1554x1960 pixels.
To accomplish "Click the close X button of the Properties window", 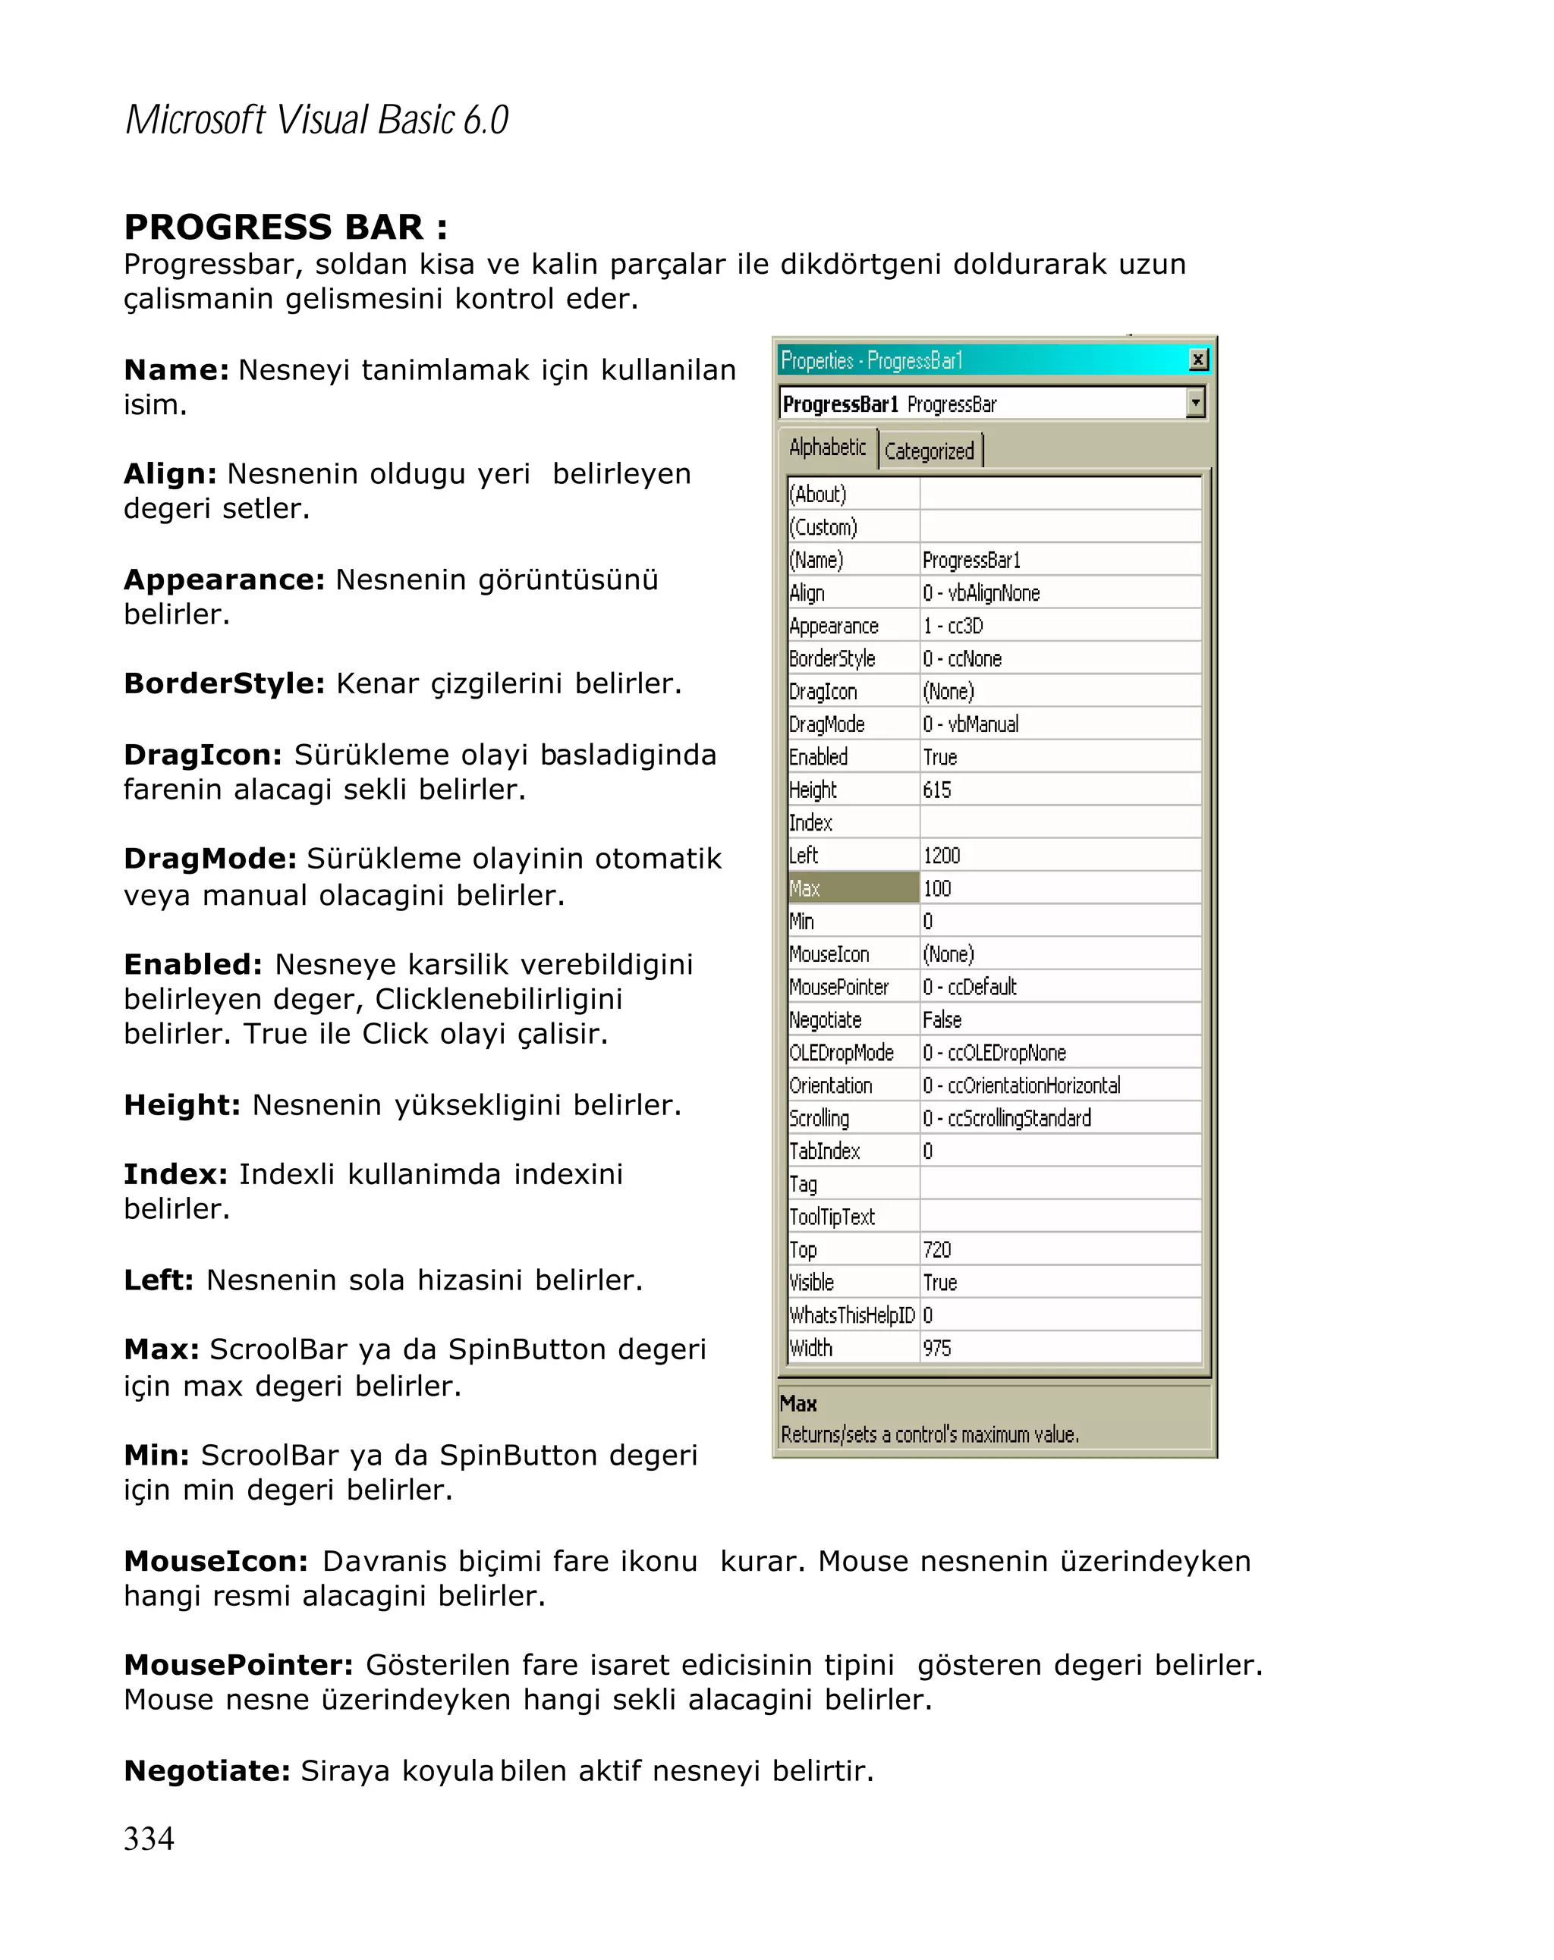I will coord(1198,360).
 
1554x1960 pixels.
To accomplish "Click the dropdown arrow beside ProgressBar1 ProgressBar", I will coord(1196,403).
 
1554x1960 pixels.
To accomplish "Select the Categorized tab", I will coord(929,451).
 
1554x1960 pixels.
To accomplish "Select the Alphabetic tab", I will coord(828,448).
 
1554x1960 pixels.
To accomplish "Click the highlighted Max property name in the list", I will coord(852,888).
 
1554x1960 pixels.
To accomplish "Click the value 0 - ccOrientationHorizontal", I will coord(1021,1085).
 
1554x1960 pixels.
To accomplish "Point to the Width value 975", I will coord(936,1348).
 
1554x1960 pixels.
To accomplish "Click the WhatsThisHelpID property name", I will coord(852,1315).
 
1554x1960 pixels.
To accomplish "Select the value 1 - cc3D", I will coord(952,627).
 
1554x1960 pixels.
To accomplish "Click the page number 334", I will coord(149,1838).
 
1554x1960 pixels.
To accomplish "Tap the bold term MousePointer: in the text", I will coord(238,1664).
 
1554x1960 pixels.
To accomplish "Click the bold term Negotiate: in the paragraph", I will coord(207,1770).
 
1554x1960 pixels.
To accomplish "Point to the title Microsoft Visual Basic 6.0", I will coord(316,120).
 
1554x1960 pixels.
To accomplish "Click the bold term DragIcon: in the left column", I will coord(203,755).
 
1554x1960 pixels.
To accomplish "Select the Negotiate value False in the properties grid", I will coord(941,1020).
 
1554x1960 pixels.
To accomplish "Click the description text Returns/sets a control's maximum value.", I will coord(930,1434).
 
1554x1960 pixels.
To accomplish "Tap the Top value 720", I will coord(936,1250).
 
